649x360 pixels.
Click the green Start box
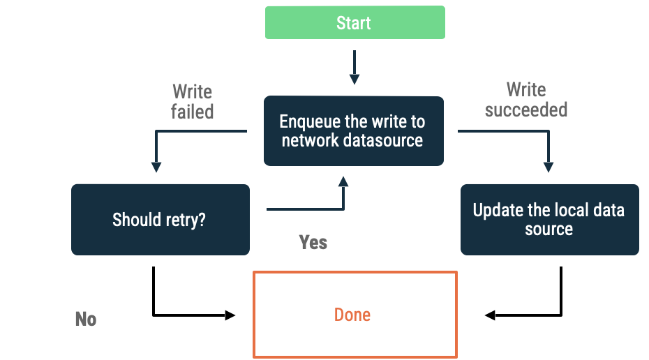click(355, 22)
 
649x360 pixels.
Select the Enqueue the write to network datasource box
click(353, 131)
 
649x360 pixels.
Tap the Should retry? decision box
click(160, 220)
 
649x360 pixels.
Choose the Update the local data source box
click(549, 220)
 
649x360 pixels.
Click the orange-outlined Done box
click(355, 315)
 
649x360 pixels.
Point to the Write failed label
click(192, 102)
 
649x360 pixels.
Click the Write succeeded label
click(526, 100)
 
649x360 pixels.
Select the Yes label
click(313, 242)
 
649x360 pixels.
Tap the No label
click(85, 319)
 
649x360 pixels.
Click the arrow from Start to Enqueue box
click(355, 68)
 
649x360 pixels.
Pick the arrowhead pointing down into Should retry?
click(156, 167)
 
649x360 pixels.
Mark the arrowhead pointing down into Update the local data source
click(549, 167)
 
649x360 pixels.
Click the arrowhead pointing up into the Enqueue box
click(343, 181)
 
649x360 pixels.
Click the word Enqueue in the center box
click(310, 122)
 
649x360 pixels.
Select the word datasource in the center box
click(383, 140)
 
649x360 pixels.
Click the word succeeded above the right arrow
click(526, 110)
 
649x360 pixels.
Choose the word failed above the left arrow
click(192, 112)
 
